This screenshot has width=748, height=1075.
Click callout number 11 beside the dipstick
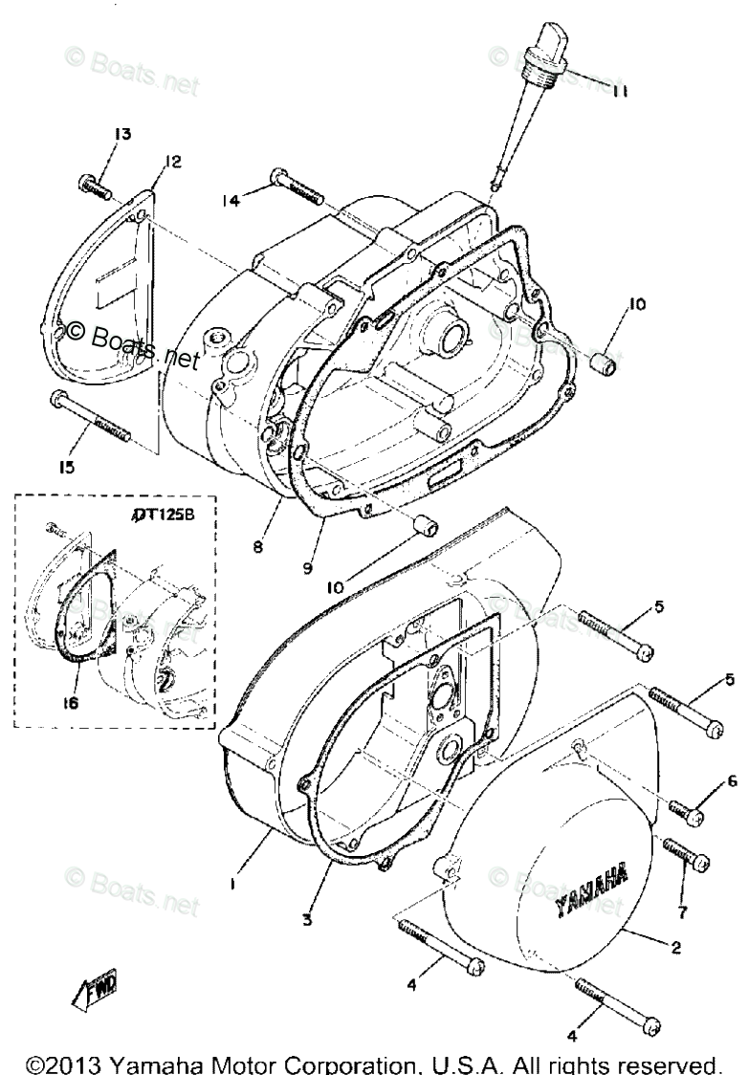[620, 92]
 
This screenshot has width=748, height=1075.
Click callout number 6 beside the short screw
[733, 781]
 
